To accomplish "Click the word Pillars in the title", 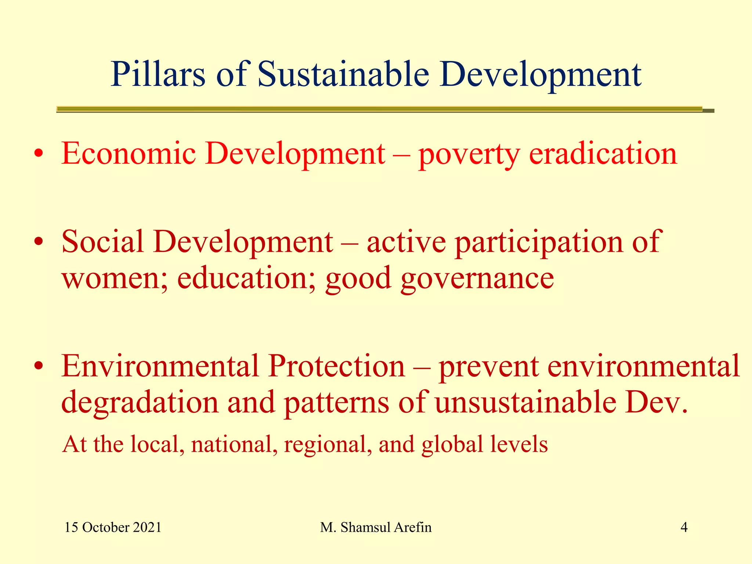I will click(158, 75).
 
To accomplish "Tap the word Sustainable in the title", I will click(343, 75).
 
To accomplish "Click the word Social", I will click(103, 242).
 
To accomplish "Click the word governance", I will click(477, 279).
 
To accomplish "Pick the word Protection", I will click(336, 366).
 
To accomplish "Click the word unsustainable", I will click(525, 402).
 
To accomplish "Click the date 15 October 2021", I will click(113, 528).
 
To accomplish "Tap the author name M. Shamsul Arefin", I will click(376, 528).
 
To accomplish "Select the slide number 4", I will click(684, 528).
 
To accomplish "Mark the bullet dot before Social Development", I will click(39, 242).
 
